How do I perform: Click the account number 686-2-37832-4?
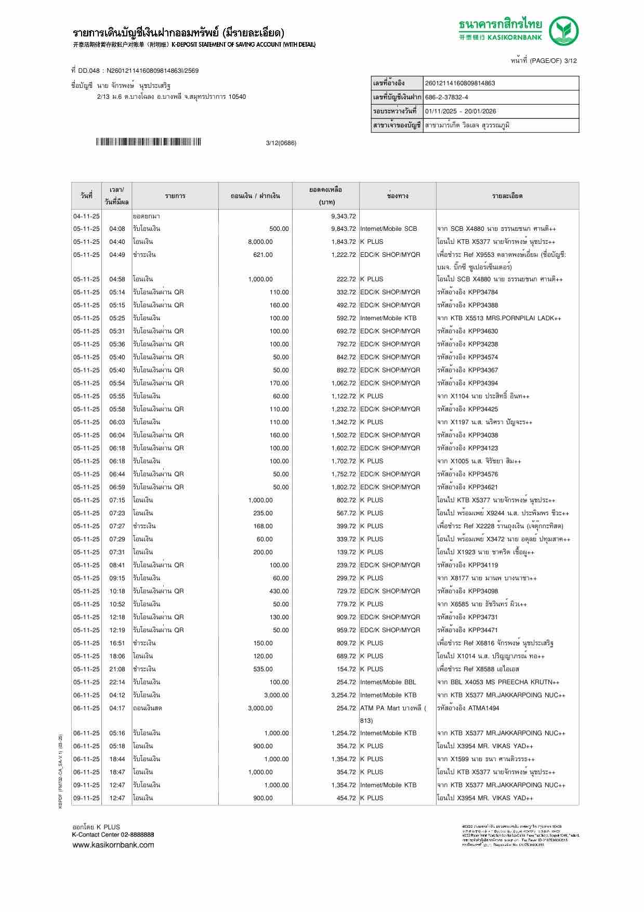tap(446, 97)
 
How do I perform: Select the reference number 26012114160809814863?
tap(460, 83)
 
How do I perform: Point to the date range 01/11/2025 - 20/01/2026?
tap(461, 111)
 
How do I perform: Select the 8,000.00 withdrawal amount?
tap(260, 242)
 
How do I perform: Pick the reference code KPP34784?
tap(483, 292)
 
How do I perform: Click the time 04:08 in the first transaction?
tap(117, 229)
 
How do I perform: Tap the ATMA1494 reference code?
tap(483, 708)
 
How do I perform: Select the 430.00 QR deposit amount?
tap(279, 591)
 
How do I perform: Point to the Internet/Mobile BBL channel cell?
tap(388, 682)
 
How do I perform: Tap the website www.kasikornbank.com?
tap(113, 845)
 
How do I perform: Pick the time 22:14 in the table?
tap(117, 682)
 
